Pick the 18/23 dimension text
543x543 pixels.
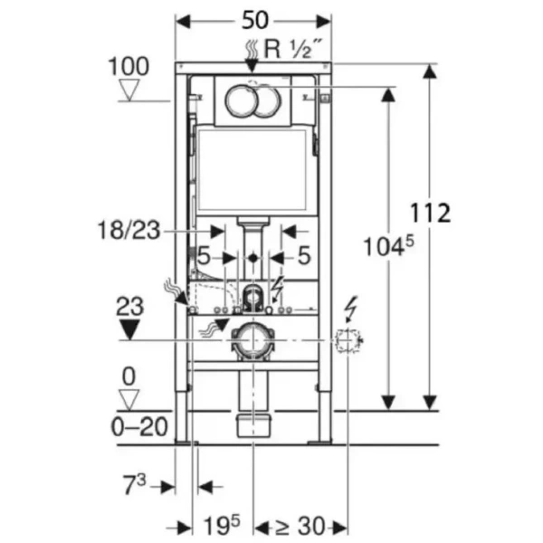131,232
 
